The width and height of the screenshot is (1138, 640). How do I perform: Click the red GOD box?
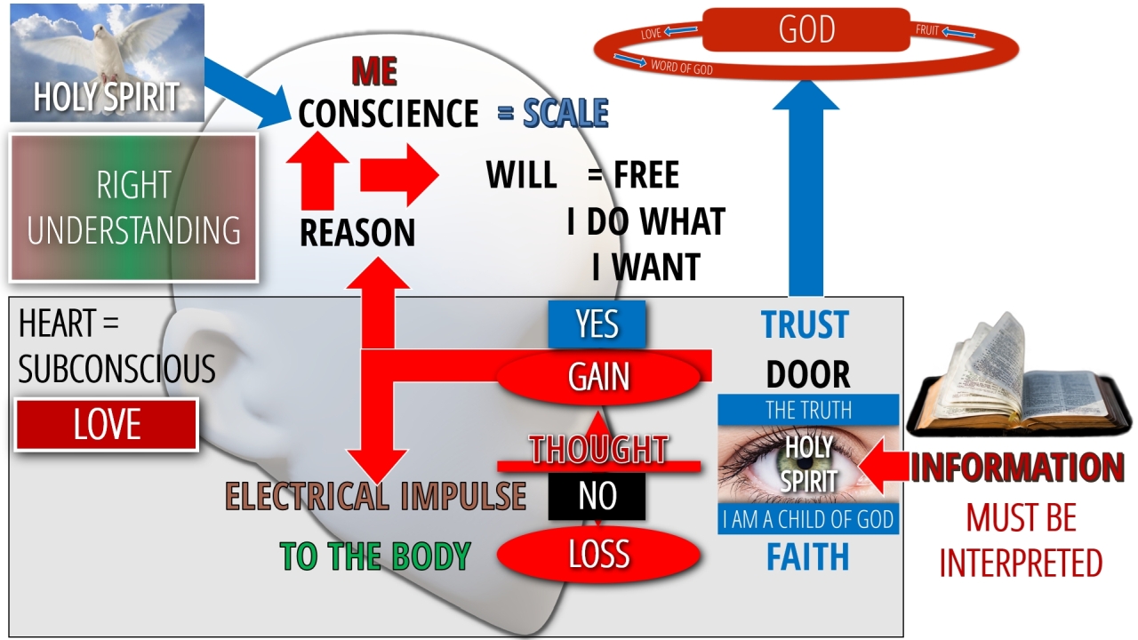pyautogui.click(x=805, y=29)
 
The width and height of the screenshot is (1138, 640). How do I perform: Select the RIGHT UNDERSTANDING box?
pyautogui.click(x=133, y=207)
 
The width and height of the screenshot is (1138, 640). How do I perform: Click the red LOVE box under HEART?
pyautogui.click(x=107, y=425)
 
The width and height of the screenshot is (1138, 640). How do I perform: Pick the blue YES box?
pyautogui.click(x=597, y=324)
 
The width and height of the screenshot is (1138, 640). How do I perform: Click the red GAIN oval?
pyautogui.click(x=598, y=377)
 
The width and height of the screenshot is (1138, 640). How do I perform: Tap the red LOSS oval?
pyautogui.click(x=598, y=555)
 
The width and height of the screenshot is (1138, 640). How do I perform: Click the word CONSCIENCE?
pyautogui.click(x=389, y=114)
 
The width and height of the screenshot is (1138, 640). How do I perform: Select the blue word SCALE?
pyautogui.click(x=565, y=113)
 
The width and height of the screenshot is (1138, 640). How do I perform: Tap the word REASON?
pyautogui.click(x=357, y=233)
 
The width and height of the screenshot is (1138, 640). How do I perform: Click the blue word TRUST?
pyautogui.click(x=805, y=325)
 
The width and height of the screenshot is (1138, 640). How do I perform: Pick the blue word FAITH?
pyautogui.click(x=807, y=557)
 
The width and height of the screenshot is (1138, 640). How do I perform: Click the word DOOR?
pyautogui.click(x=807, y=374)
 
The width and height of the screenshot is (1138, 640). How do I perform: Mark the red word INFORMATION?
pyautogui.click(x=1017, y=468)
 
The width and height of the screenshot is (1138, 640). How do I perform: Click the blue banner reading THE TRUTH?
pyautogui.click(x=808, y=410)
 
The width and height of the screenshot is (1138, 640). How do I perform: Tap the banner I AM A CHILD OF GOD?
pyautogui.click(x=808, y=519)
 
